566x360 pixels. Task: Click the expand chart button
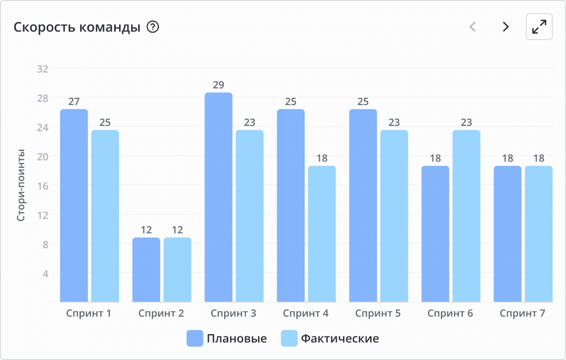pyautogui.click(x=539, y=27)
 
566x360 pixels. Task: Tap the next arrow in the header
pyautogui.click(x=505, y=27)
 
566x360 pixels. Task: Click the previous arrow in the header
pyautogui.click(x=472, y=27)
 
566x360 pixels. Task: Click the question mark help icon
pyautogui.click(x=153, y=27)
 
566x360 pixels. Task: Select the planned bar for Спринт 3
pyautogui.click(x=218, y=198)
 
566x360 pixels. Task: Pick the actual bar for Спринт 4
pyautogui.click(x=322, y=234)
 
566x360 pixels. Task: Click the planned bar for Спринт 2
pyautogui.click(x=146, y=270)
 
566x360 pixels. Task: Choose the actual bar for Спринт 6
pyautogui.click(x=466, y=216)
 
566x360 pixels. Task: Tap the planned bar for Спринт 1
pyautogui.click(x=74, y=206)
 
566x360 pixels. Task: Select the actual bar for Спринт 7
pyautogui.click(x=538, y=234)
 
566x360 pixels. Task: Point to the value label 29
pyautogui.click(x=218, y=85)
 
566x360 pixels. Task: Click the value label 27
pyautogui.click(x=74, y=102)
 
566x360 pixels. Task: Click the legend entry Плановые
pyautogui.click(x=227, y=338)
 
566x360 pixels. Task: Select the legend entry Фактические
pyautogui.click(x=330, y=338)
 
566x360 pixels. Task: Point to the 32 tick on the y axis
pyautogui.click(x=42, y=69)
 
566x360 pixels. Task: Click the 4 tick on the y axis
pyautogui.click(x=45, y=273)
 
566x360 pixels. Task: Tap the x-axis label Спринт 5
pyautogui.click(x=378, y=313)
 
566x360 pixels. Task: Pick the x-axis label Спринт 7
pyautogui.click(x=522, y=313)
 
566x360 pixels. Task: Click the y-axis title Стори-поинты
pyautogui.click(x=21, y=185)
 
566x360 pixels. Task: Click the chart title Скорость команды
pyautogui.click(x=77, y=27)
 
